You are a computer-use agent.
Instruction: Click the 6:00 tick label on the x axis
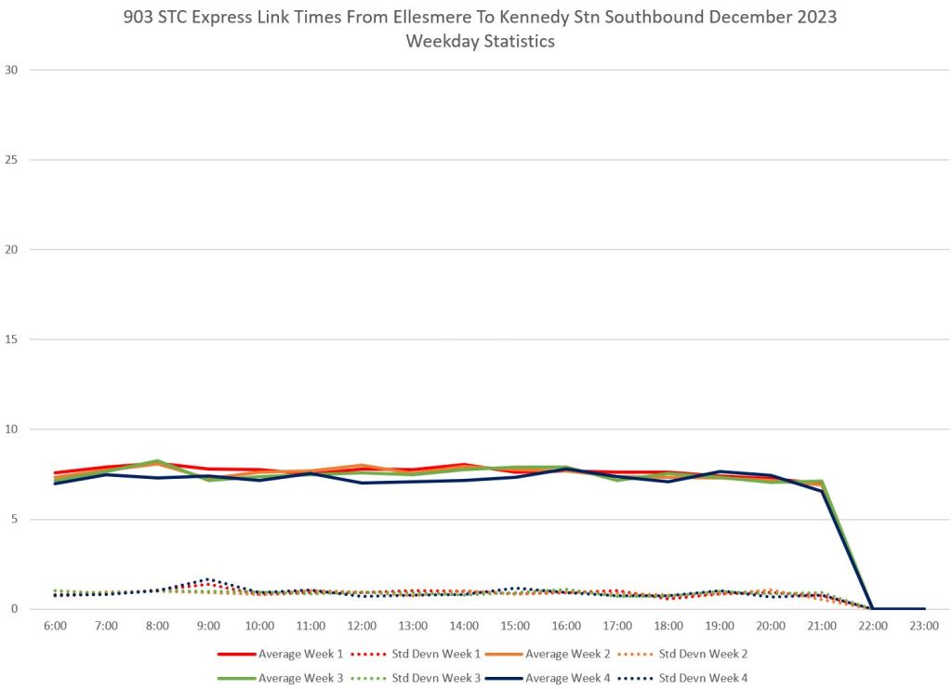[x=55, y=625]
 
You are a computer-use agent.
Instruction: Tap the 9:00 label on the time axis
[x=208, y=625]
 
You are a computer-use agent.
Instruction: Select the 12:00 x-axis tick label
[x=362, y=625]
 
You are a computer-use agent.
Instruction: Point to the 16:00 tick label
[x=566, y=625]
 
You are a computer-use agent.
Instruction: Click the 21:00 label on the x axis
[x=822, y=625]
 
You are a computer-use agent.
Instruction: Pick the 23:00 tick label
[x=924, y=625]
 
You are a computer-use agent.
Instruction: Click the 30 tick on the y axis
[x=11, y=70]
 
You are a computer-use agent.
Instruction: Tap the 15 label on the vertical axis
[x=11, y=339]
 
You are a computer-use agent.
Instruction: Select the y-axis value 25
[x=11, y=160]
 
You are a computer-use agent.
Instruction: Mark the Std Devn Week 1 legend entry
[x=434, y=655]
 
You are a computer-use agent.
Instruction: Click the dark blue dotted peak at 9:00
[x=208, y=579]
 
